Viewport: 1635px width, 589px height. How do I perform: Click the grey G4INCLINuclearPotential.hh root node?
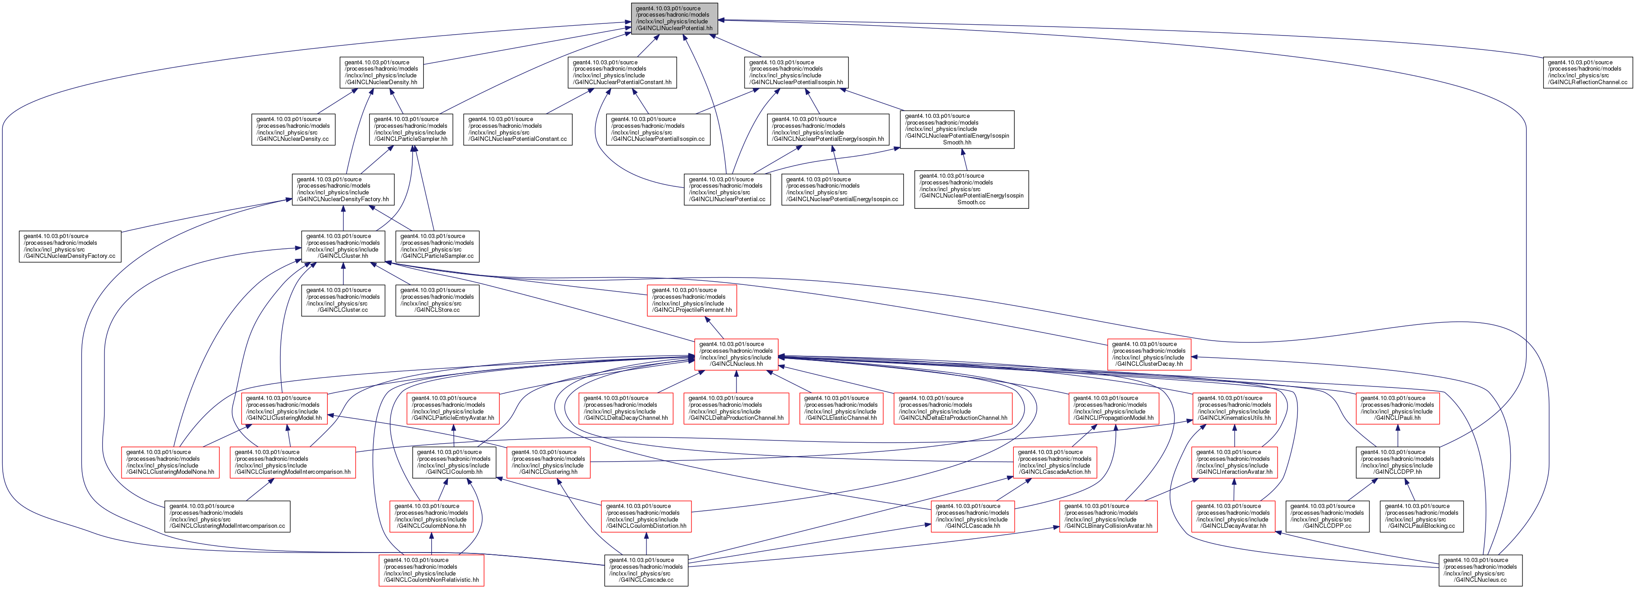click(674, 18)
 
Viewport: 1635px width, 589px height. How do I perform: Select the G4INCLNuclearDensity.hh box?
click(381, 72)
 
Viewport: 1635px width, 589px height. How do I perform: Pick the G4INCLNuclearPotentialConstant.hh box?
click(622, 72)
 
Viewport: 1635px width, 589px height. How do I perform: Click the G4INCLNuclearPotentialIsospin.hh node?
click(796, 72)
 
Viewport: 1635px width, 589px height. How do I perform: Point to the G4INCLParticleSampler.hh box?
click(411, 129)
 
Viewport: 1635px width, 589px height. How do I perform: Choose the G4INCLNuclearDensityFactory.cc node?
click(69, 246)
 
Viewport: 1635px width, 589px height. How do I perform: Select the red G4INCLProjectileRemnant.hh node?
click(692, 300)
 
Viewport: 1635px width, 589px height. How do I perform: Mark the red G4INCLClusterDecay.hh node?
click(1149, 354)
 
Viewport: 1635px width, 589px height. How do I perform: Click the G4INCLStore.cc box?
click(437, 300)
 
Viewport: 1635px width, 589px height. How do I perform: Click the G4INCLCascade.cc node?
click(646, 570)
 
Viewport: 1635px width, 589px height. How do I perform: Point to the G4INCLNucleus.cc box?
click(1480, 570)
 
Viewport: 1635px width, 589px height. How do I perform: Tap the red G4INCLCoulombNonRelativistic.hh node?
click(432, 570)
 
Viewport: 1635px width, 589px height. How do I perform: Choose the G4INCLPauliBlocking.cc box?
click(1422, 516)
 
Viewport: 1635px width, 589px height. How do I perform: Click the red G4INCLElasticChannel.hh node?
click(841, 408)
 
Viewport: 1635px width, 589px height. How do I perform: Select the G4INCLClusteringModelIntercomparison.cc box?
click(227, 516)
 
